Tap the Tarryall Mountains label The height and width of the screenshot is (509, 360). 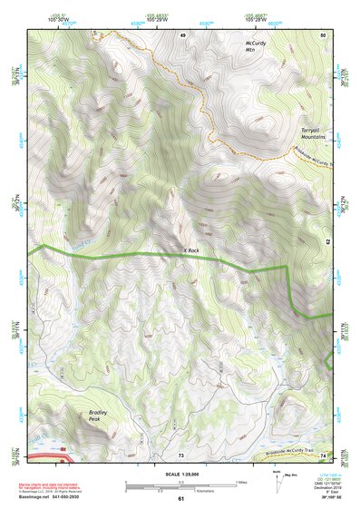[x=314, y=134]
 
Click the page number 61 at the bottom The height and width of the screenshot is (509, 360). [x=180, y=499]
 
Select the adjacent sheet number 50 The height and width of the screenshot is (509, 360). [x=323, y=34]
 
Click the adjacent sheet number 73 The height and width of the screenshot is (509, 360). [x=180, y=454]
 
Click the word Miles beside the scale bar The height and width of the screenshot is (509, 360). [x=239, y=481]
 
